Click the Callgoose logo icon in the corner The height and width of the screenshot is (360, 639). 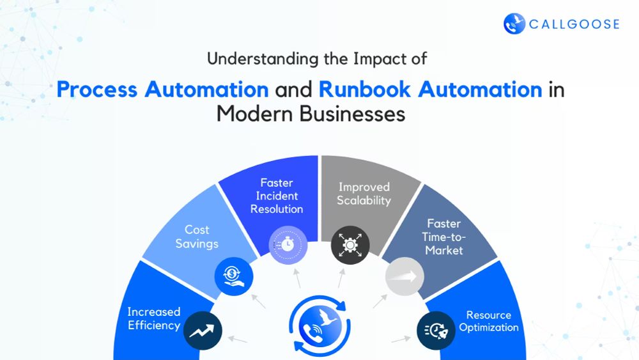coord(514,24)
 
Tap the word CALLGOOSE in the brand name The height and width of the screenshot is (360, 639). coord(574,24)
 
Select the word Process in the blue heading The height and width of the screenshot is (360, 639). coord(97,90)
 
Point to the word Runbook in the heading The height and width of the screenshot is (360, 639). coord(364,90)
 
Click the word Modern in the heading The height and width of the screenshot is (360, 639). coord(255,113)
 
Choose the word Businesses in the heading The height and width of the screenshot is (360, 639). coord(353,113)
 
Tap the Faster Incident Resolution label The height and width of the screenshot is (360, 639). coord(277,196)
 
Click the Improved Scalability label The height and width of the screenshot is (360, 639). coord(364,194)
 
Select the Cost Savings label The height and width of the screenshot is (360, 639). coord(197,237)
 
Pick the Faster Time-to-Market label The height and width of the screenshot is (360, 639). coord(444,237)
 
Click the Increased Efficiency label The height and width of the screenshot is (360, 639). coord(153,318)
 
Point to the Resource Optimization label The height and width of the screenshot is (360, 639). coord(489,321)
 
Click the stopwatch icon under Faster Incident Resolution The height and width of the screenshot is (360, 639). coord(288,245)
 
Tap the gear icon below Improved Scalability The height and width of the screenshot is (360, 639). coord(350,245)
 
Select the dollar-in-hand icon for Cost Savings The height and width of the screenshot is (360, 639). coord(234,276)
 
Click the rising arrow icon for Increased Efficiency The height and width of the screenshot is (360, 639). coord(203,331)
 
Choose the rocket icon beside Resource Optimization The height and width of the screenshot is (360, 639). coord(436,331)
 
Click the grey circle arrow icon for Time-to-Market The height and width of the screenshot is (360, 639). coord(404,276)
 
